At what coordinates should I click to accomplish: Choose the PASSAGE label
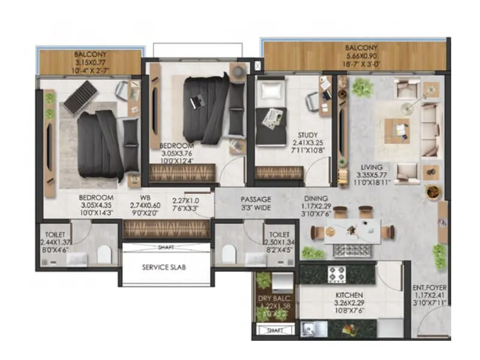[x=256, y=199]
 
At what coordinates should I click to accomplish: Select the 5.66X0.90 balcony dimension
[x=362, y=56]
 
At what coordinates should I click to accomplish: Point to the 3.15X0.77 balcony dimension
[x=90, y=61]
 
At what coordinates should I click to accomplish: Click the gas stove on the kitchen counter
[x=334, y=274]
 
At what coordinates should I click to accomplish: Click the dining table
[x=352, y=230]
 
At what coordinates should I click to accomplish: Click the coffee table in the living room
[x=397, y=130]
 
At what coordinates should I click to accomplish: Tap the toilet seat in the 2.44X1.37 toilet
[x=104, y=254]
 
